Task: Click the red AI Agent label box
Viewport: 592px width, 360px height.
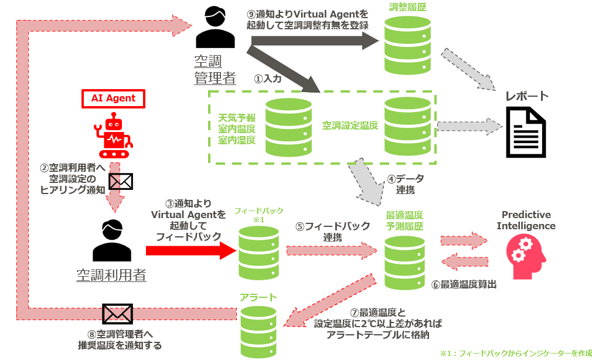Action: [x=113, y=99]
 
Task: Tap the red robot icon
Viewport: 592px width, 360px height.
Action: [x=113, y=137]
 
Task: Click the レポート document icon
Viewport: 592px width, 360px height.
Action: [x=526, y=132]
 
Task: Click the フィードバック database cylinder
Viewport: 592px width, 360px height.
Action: [x=259, y=253]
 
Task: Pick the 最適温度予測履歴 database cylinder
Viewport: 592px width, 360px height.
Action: [x=404, y=262]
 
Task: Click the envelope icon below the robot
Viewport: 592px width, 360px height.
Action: [x=120, y=182]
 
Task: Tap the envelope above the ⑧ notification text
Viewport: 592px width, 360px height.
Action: [x=117, y=314]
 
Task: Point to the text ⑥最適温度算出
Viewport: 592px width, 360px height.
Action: [x=464, y=284]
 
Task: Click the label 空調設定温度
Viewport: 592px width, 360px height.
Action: [x=350, y=125]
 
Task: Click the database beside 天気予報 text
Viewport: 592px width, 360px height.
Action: [x=288, y=127]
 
